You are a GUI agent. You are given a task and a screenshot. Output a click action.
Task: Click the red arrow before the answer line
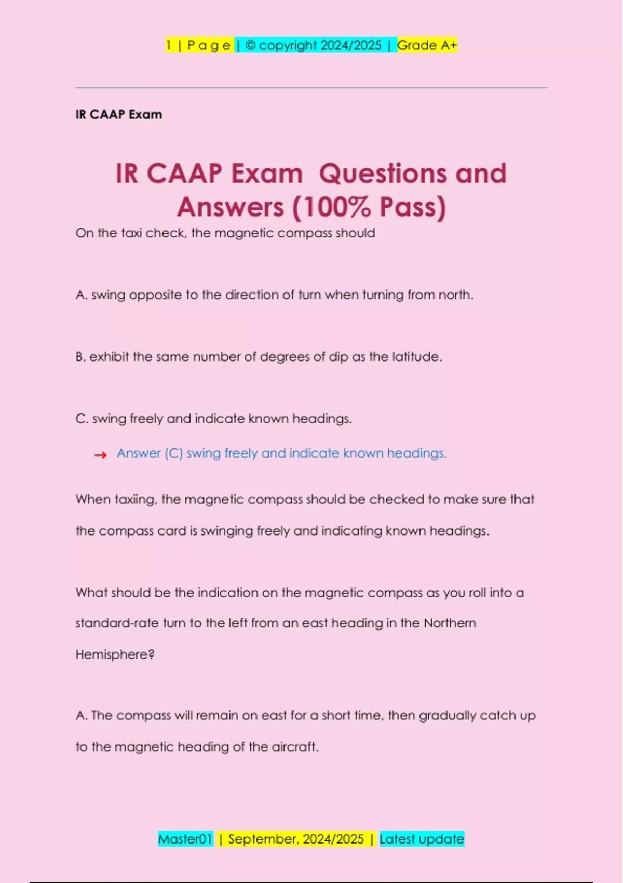(100, 455)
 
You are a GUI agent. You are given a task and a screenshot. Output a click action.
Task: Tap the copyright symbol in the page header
(250, 46)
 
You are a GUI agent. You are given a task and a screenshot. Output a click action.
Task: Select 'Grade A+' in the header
(427, 46)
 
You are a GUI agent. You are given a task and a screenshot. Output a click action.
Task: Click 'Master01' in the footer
(185, 839)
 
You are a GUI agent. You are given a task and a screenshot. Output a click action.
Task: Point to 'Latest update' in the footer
(422, 839)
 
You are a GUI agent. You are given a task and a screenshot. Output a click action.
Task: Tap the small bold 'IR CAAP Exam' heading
(119, 115)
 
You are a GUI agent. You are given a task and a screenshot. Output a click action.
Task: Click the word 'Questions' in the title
(383, 173)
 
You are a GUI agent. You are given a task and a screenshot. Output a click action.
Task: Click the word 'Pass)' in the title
(413, 207)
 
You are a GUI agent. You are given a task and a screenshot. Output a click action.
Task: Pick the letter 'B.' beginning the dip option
(80, 357)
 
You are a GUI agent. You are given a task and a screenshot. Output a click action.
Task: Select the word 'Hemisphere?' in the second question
(115, 654)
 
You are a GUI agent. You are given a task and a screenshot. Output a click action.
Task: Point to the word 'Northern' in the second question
(450, 623)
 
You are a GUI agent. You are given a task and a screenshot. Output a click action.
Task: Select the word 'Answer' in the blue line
(139, 453)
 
